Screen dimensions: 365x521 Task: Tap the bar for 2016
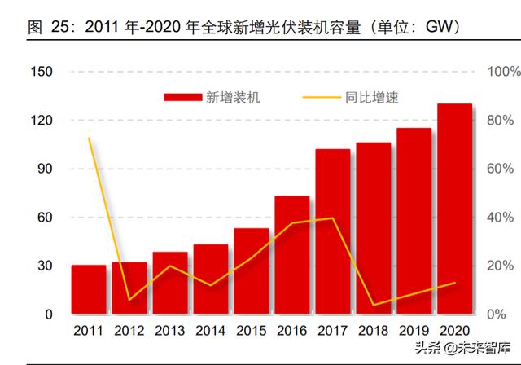coord(291,255)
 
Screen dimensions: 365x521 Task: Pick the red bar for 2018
coord(374,228)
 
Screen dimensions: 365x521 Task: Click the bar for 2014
coord(211,279)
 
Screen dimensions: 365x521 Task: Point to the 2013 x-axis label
coord(169,331)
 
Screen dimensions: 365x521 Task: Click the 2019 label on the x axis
coord(414,331)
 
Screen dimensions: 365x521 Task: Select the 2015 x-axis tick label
coord(251,331)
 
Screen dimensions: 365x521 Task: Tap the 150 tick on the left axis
coord(42,72)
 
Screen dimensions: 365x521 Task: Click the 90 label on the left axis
coord(45,169)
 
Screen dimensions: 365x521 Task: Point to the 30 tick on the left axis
coord(45,266)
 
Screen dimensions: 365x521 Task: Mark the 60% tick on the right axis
coord(498,169)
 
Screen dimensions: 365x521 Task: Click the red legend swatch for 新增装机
coord(182,98)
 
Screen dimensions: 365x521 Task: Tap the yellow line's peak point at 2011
coord(89,139)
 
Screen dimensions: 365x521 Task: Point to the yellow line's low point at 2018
coord(374,305)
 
